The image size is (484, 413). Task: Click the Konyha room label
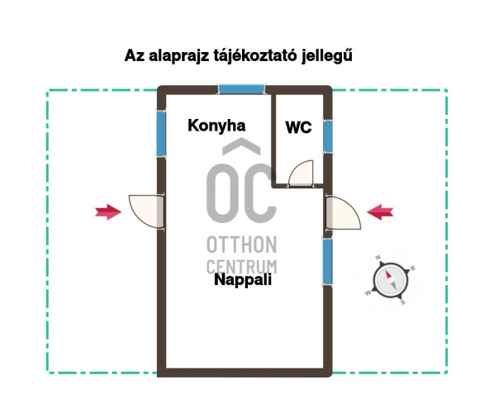(216, 126)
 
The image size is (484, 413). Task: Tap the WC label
(298, 127)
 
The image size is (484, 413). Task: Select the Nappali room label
(243, 280)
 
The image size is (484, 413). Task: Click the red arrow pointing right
(108, 211)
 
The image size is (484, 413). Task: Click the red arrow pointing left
(380, 212)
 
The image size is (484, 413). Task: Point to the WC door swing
(301, 173)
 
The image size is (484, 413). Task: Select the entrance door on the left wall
(146, 211)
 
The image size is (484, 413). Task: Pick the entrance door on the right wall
(344, 212)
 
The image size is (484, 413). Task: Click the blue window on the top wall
(242, 89)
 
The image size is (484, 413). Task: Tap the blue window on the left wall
(161, 133)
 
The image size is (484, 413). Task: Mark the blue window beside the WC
(328, 136)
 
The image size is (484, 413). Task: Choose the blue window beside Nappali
(328, 262)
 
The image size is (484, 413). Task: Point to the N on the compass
(377, 258)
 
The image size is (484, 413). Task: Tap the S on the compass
(402, 302)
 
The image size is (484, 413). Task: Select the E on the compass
(413, 268)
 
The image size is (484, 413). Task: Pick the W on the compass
(368, 292)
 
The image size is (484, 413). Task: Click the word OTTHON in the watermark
(242, 244)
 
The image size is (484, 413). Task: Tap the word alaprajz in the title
(178, 56)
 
